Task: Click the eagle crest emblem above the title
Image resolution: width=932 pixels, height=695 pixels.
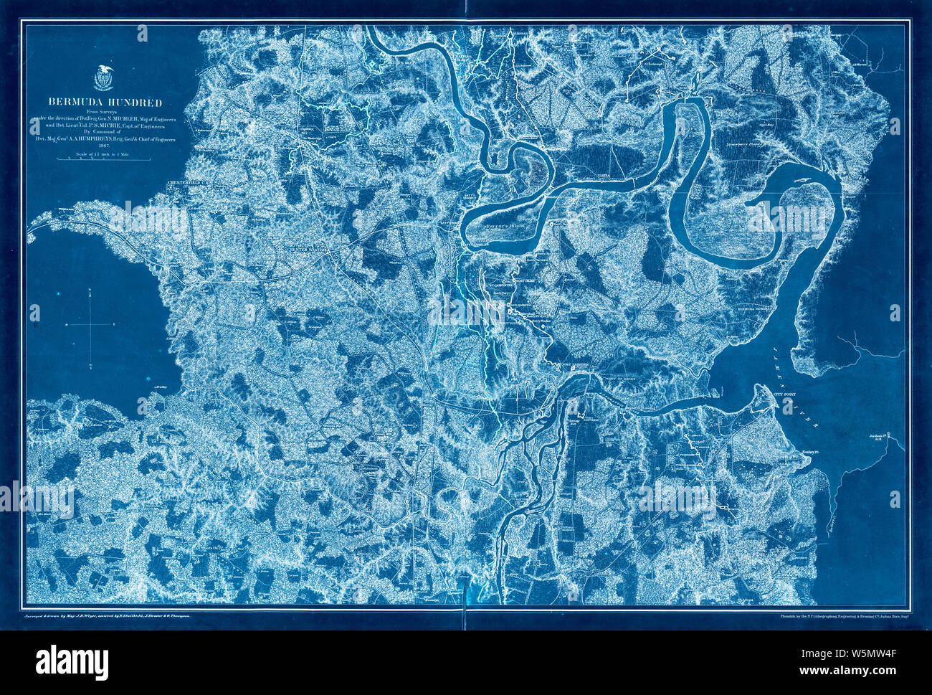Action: (104, 75)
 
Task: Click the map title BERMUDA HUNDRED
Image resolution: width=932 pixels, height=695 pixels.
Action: (105, 101)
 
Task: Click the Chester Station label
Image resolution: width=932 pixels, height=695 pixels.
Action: (306, 250)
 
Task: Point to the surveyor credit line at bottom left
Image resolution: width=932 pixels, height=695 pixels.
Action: (108, 615)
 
